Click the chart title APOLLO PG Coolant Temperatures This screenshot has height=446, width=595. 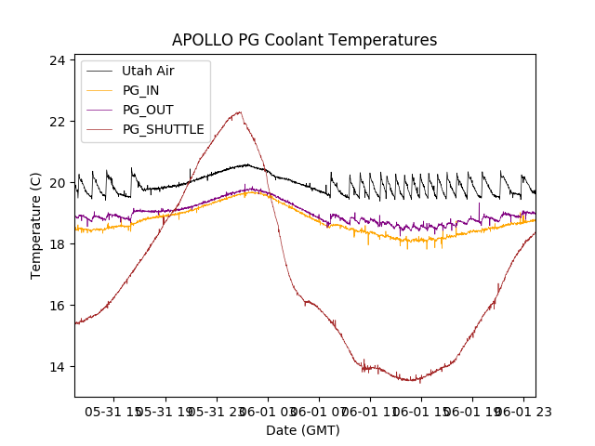[x=304, y=40]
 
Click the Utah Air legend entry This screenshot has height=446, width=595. [x=148, y=71]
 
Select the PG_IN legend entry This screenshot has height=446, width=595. [x=141, y=90]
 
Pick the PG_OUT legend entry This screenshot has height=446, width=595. [x=148, y=110]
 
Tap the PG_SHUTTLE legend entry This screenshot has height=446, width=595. [x=163, y=129]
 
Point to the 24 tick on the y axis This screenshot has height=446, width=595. [x=58, y=60]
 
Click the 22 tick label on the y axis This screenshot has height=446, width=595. [x=58, y=122]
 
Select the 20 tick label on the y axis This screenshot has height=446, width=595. [x=58, y=183]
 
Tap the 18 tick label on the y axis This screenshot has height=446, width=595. [x=58, y=244]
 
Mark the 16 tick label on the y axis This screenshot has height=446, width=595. [x=58, y=306]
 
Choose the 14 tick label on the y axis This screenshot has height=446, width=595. [x=58, y=367]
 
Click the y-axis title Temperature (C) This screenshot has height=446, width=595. [x=36, y=226]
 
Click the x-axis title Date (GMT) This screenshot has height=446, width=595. [x=303, y=430]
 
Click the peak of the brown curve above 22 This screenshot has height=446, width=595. [x=240, y=112]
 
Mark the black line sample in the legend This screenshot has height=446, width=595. [x=100, y=71]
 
